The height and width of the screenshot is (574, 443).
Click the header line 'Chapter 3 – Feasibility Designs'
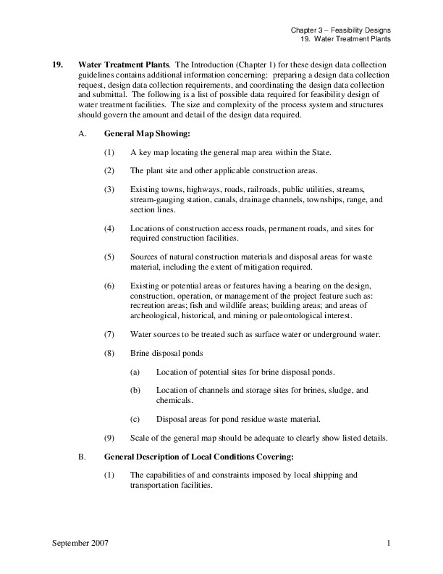pos(339,30)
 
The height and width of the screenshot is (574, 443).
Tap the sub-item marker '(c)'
pos(135,419)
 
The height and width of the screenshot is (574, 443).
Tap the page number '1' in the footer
pos(388,543)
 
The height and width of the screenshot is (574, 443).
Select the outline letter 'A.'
pos(82,134)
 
